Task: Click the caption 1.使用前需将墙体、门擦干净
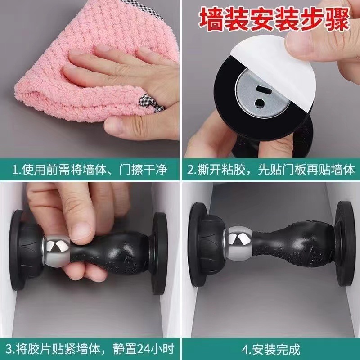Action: [x=90, y=170]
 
